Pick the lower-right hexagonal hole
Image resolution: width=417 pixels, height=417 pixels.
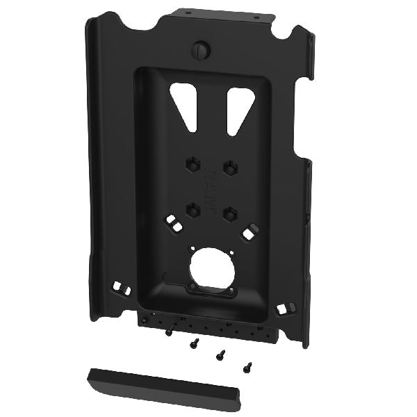pyautogui.click(x=227, y=213)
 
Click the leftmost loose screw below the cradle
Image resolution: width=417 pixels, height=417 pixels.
pyautogui.click(x=170, y=332)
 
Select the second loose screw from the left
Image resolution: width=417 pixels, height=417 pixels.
pyautogui.click(x=196, y=342)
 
